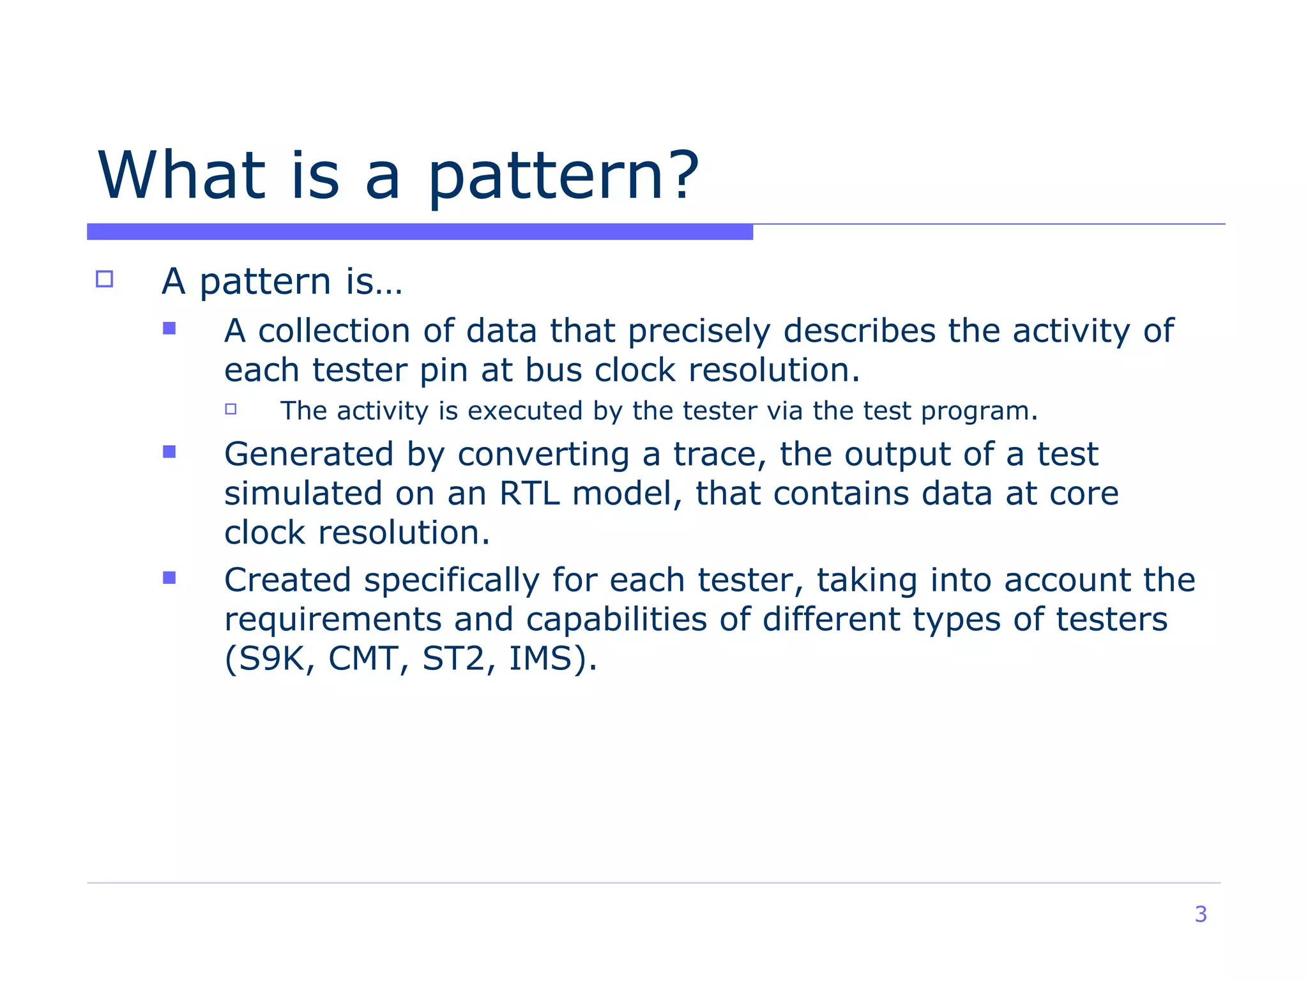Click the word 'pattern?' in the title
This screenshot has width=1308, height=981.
pos(563,177)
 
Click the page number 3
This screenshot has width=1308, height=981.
pos(1200,914)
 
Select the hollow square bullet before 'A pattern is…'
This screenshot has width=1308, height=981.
pos(104,279)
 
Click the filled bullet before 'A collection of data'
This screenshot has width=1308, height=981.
pos(169,328)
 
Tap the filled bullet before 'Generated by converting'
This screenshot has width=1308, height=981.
pos(169,452)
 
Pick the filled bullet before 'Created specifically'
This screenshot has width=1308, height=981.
pos(169,578)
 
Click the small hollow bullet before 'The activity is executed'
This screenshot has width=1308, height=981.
pos(231,409)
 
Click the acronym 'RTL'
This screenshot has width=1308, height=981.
pos(529,494)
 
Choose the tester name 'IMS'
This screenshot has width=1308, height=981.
pos(540,658)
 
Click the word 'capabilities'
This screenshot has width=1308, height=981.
pos(616,620)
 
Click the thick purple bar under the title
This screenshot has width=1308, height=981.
pos(420,232)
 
